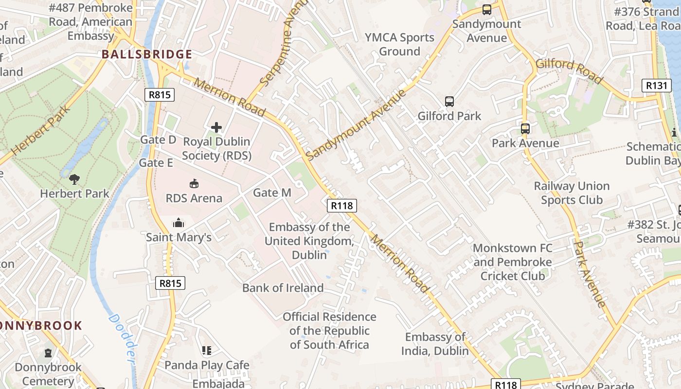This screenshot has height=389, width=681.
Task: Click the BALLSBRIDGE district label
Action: (147, 54)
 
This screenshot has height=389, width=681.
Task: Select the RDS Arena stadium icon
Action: (194, 184)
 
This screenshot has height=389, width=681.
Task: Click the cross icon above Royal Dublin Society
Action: (216, 127)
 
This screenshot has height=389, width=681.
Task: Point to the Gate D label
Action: (158, 140)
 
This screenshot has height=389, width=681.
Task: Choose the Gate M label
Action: (272, 193)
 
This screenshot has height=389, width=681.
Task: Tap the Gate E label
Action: (156, 163)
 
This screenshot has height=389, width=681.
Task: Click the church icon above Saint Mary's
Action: (179, 223)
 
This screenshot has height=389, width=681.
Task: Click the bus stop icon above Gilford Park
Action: (449, 102)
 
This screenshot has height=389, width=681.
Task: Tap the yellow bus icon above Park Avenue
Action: (525, 129)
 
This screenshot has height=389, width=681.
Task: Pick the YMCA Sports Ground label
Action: (399, 44)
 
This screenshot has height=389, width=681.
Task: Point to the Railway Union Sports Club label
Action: (572, 193)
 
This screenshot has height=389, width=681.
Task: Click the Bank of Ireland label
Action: (283, 288)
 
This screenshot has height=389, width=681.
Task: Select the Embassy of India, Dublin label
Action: (435, 344)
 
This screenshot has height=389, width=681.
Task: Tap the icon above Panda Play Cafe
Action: (207, 350)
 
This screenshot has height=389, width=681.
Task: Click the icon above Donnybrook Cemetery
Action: (48, 353)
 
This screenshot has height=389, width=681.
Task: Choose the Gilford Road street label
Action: (569, 71)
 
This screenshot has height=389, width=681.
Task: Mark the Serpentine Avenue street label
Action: (278, 45)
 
